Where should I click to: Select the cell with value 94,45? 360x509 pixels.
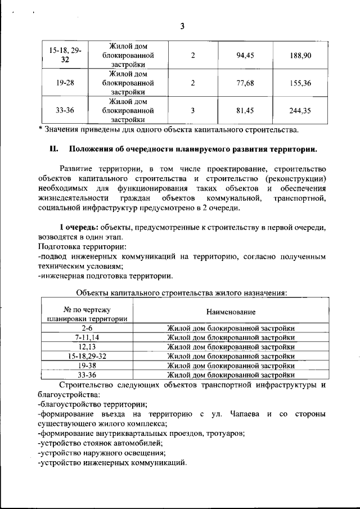(x=245, y=55)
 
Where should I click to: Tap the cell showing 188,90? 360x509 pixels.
(x=300, y=55)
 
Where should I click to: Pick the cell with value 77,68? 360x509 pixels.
(x=245, y=83)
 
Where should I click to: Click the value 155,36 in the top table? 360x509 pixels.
(x=300, y=83)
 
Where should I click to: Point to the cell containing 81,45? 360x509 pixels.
(x=245, y=111)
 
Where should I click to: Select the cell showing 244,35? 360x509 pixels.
(x=300, y=111)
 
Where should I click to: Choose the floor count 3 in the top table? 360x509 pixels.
(x=192, y=111)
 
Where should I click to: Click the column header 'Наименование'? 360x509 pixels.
(x=230, y=312)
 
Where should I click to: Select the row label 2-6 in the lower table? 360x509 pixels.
(x=87, y=328)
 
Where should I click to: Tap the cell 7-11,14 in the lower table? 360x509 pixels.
(x=87, y=337)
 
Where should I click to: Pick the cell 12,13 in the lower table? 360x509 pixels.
(x=87, y=347)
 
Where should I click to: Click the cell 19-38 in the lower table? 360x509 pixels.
(x=87, y=365)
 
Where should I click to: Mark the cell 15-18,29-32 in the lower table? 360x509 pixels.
(x=87, y=356)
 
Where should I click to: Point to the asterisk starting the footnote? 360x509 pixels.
(x=40, y=130)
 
